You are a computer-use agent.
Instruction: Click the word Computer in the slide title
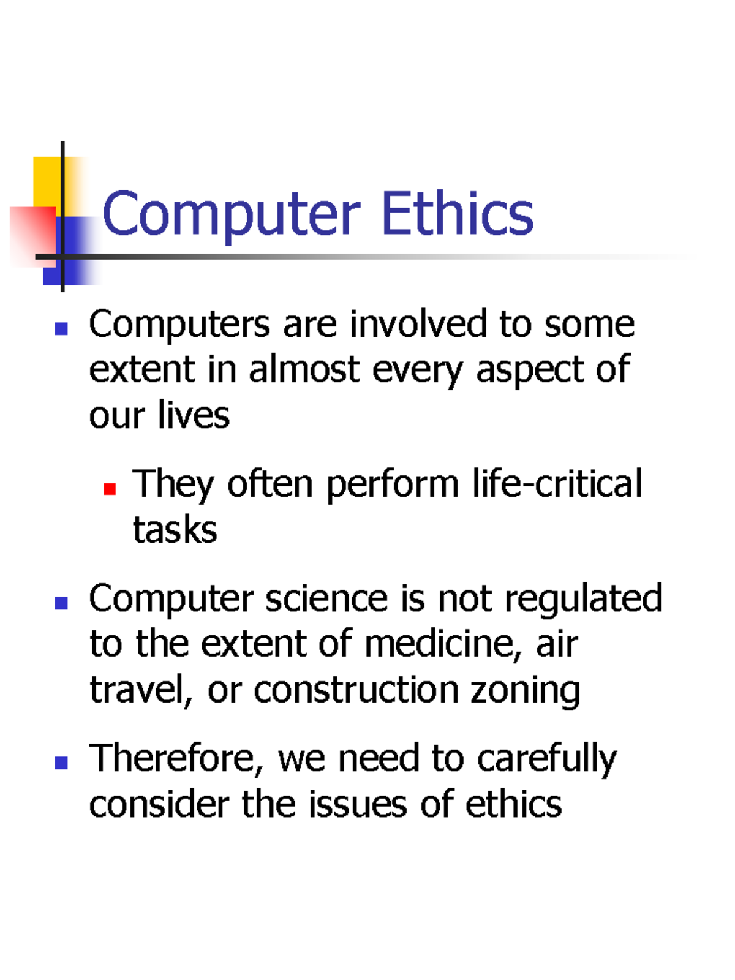[x=231, y=214]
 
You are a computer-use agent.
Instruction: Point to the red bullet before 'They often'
[x=110, y=488]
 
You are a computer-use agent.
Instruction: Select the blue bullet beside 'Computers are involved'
[x=61, y=329]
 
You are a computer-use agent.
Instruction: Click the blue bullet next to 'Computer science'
[x=61, y=603]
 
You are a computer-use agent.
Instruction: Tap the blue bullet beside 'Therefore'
[x=61, y=763]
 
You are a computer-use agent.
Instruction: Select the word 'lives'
[x=194, y=415]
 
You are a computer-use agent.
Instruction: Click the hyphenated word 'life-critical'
[x=557, y=483]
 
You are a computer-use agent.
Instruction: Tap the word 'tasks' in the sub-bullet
[x=175, y=529]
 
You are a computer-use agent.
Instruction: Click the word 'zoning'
[x=525, y=690]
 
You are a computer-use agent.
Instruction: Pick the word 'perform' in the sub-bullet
[x=393, y=484]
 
